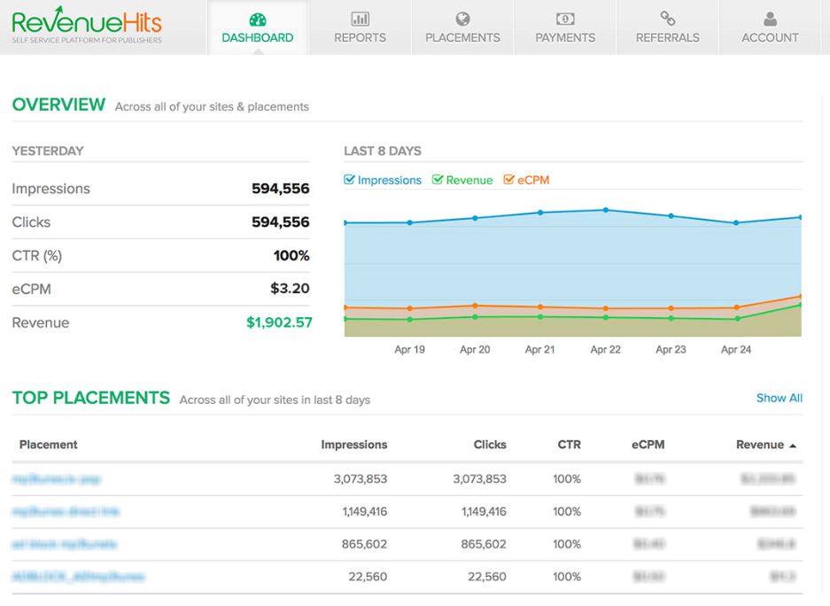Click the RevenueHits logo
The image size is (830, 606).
pos(87,26)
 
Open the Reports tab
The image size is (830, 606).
pos(360,28)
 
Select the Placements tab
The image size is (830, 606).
pos(462,28)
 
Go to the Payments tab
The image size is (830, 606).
pos(565,28)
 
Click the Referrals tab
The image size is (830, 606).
pos(667,28)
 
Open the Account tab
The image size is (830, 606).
pos(770,28)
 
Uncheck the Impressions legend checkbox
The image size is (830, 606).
pos(350,180)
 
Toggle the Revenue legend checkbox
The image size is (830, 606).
pos(438,180)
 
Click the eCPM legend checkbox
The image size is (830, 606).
pos(509,180)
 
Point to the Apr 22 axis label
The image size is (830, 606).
pos(605,350)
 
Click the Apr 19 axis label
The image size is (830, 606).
pos(409,350)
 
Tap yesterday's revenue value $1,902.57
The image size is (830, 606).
pos(279,322)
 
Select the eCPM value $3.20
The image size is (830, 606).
pos(290,289)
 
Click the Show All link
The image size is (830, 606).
pos(779,399)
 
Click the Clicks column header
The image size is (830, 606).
pos(490,445)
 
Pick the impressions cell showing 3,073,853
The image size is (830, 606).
pos(361,479)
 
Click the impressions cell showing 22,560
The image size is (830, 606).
pos(367,577)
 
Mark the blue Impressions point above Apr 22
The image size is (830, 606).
pos(605,210)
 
